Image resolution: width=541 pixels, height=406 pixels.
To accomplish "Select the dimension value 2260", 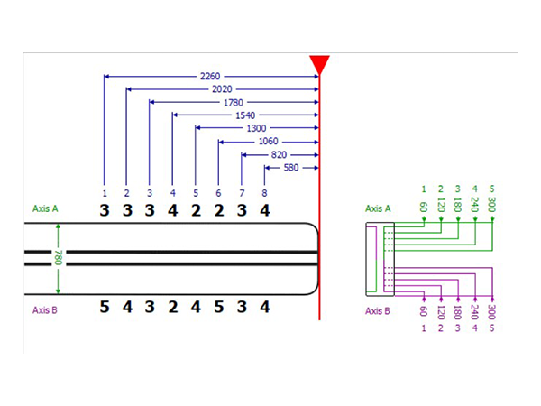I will [210, 76].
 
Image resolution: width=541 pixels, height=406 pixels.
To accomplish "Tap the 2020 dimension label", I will [222, 89].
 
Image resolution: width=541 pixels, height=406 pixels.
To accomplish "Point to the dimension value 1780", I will [234, 103].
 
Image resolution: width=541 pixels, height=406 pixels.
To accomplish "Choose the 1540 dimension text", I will [244, 115].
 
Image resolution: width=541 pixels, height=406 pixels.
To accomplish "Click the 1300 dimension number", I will [256, 129].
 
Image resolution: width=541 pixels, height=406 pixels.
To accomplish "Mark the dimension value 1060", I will [268, 142].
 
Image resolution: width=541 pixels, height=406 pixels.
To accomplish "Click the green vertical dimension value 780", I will [60, 258].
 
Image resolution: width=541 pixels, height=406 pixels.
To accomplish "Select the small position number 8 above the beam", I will [264, 192].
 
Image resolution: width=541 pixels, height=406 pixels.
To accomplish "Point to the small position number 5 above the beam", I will [195, 192].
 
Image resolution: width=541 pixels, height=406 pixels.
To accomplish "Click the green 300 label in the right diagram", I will [491, 206].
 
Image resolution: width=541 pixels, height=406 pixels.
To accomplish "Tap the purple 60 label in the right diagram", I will [423, 311].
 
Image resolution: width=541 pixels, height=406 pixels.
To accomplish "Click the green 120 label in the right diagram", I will [440, 208].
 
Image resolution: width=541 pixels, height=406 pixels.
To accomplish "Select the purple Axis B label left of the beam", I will [46, 309].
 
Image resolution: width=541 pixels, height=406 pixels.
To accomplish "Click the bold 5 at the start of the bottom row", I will [105, 307].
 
